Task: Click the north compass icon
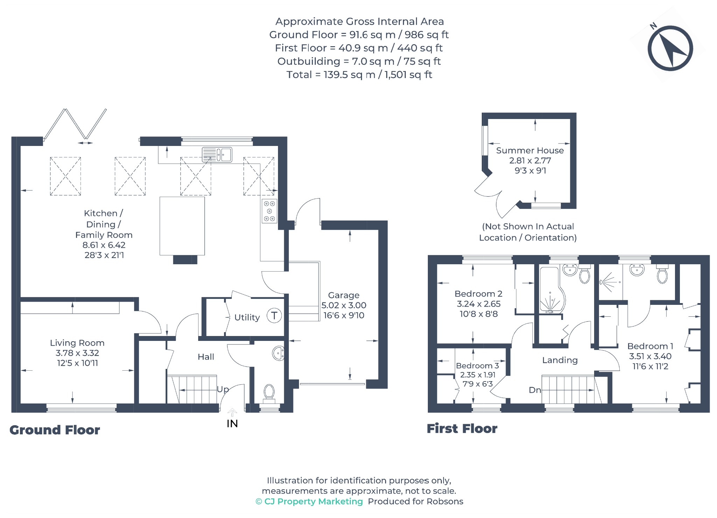click(x=670, y=48)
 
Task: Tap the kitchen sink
click(x=217, y=155)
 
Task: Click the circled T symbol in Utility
click(x=274, y=316)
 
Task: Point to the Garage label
click(x=344, y=295)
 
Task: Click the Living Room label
click(x=77, y=343)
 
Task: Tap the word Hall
click(x=206, y=357)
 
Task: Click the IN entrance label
click(x=232, y=424)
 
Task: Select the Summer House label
click(x=530, y=150)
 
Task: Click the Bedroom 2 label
click(x=479, y=294)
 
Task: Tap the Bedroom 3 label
click(x=478, y=366)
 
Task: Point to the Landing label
click(x=560, y=360)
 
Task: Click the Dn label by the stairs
click(x=535, y=390)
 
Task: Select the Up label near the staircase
click(x=223, y=389)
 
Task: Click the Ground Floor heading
click(x=55, y=430)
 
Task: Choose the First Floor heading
click(x=462, y=428)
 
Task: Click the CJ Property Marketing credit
click(x=309, y=502)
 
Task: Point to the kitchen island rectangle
click(x=182, y=226)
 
